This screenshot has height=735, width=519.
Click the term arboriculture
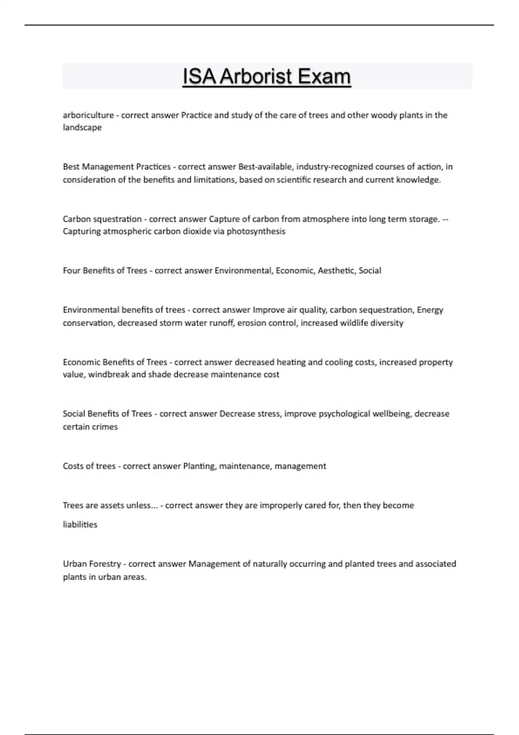[88, 115]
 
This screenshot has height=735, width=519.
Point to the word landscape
[82, 128]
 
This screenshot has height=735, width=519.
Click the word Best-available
[263, 167]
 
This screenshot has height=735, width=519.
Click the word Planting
[199, 467]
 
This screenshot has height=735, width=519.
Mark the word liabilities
[80, 525]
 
